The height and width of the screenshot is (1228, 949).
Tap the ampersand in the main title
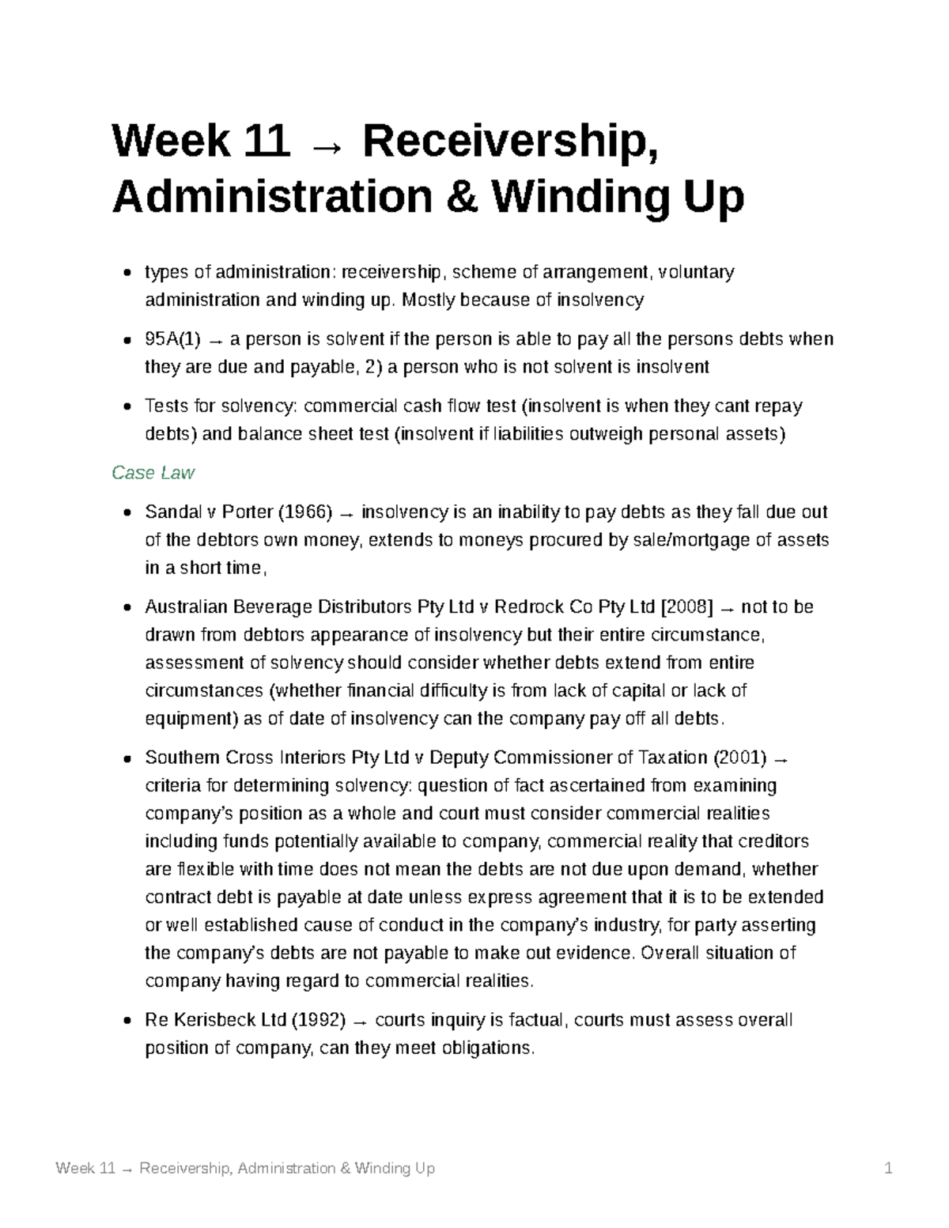(462, 197)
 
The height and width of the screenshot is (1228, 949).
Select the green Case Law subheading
(153, 473)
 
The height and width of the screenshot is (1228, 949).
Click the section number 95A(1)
(173, 339)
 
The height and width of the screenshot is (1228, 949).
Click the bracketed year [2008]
(686, 607)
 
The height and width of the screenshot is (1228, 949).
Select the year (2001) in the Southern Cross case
(739, 758)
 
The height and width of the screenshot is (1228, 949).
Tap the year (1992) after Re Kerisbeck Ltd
(319, 1020)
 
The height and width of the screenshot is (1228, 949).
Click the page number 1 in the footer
(889, 1169)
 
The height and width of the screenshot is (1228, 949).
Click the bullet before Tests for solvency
(127, 407)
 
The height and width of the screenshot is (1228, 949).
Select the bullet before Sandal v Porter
(127, 513)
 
